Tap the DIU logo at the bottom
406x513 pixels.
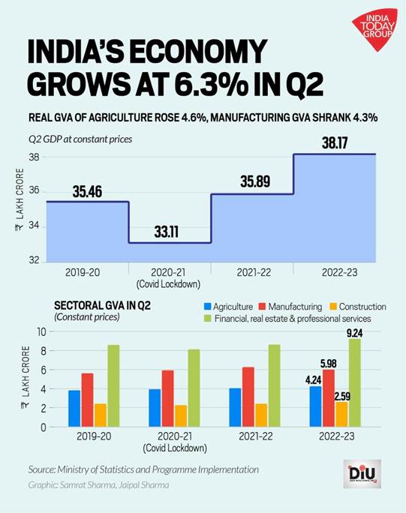click(362, 474)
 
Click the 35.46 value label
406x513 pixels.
click(88, 191)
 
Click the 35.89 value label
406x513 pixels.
click(252, 184)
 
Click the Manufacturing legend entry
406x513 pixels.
click(290, 307)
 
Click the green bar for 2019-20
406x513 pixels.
click(113, 385)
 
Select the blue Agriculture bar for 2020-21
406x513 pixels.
click(155, 408)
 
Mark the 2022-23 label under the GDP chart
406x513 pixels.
click(334, 271)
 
